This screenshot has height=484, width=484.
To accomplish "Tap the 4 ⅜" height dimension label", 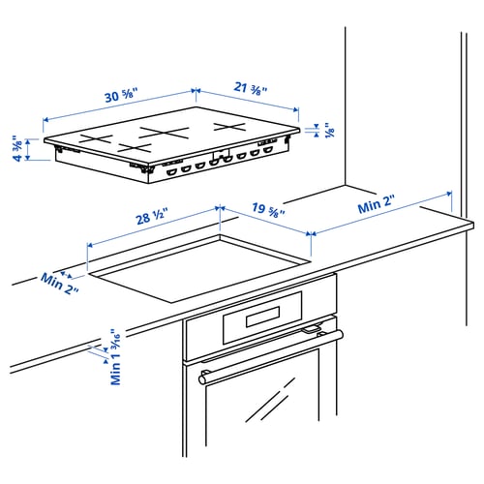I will pos(17,147).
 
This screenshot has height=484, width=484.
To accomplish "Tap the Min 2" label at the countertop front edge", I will pos(58,283).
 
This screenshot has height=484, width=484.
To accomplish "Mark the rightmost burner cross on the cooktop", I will pos(233,127).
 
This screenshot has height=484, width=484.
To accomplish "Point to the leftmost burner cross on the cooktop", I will pos(96,138).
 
